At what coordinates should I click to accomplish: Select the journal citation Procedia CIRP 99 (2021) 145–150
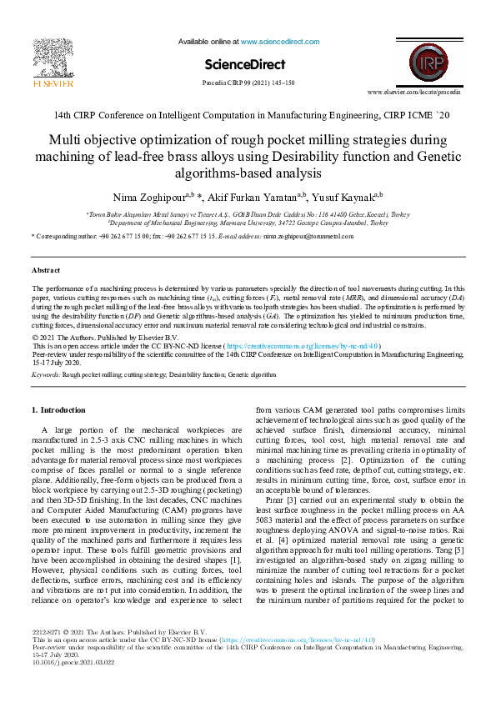(x=248, y=83)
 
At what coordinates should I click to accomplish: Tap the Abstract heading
(x=45, y=271)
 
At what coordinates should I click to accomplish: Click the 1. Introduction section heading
(x=58, y=409)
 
